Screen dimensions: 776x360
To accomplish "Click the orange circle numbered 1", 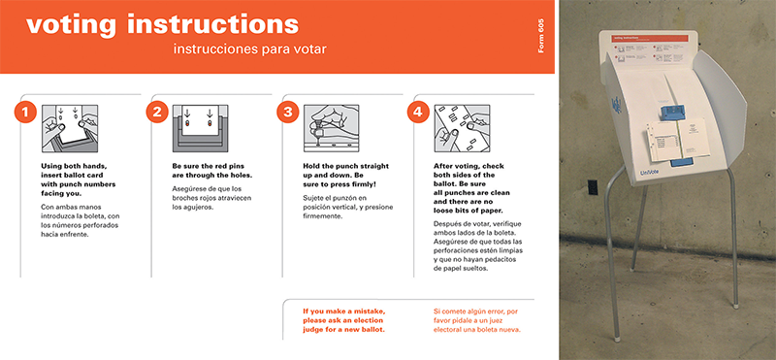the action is [25, 113].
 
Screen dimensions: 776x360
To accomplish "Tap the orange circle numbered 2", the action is [157, 113].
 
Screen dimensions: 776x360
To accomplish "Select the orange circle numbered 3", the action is [287, 113].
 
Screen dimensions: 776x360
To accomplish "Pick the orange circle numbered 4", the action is [418, 113].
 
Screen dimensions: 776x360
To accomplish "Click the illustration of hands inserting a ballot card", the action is [70, 128].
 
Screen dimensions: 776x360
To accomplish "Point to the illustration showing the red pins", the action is [201, 128].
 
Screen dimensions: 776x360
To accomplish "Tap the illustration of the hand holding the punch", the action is [331, 128].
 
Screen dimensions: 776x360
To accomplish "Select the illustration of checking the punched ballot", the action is [463, 128].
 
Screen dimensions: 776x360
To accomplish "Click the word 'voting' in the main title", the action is [71, 25].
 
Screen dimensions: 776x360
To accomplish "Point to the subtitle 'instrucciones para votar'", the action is [250, 49].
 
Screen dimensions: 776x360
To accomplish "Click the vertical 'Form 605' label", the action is [540, 36].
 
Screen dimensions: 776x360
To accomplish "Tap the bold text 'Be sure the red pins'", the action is [209, 166].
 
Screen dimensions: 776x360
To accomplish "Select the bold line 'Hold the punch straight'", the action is [346, 166].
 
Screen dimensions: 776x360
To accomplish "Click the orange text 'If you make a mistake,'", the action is [343, 311].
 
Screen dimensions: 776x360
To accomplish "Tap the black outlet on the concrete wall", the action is [592, 187].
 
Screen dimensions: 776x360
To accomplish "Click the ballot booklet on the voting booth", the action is [676, 140].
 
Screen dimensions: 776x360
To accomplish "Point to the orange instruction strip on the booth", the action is [650, 38].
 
